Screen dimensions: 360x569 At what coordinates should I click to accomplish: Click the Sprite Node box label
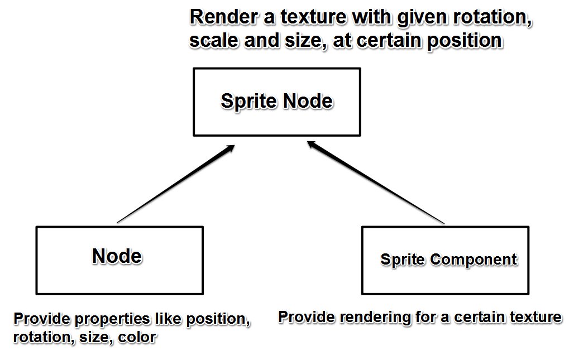276,101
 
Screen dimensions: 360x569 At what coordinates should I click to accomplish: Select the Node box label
117,256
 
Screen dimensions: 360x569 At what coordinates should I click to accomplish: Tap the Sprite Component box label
448,260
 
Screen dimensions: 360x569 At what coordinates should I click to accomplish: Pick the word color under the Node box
137,338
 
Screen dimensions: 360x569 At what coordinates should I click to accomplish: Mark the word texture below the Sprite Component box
535,317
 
